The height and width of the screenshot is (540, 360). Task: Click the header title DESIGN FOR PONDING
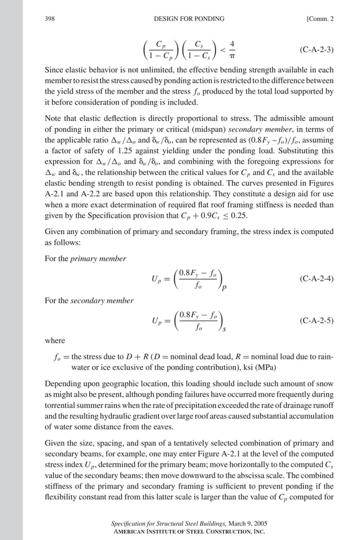pyautogui.click(x=188, y=19)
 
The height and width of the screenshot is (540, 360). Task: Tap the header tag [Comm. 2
pyautogui.click(x=320, y=19)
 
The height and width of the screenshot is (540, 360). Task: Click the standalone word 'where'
pyautogui.click(x=55, y=341)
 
